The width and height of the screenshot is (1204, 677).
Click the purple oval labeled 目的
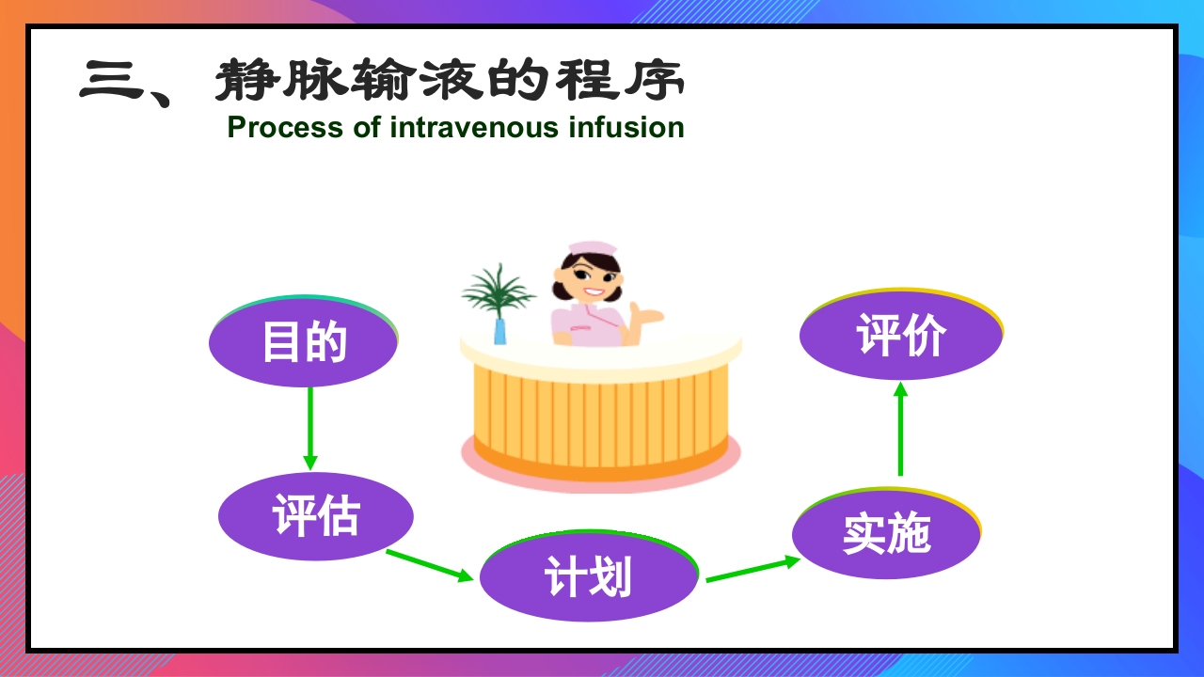pos(303,342)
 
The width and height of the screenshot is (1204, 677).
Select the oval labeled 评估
pos(316,516)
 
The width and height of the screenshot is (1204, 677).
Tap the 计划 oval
pos(589,575)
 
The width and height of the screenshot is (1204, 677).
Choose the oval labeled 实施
pos(886,533)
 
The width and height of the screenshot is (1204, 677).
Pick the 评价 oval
pos(901,336)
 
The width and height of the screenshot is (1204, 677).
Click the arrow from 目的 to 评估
pos(309,428)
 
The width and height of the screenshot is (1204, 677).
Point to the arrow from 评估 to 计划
pos(429,565)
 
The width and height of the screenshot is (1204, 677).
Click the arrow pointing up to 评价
pos(900,429)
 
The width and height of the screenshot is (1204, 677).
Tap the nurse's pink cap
pos(593,248)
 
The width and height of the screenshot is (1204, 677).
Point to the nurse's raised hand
pos(648,313)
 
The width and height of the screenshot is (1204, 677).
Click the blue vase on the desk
pos(499,330)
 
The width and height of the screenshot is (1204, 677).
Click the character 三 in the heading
pos(110,82)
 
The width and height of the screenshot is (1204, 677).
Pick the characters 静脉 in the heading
pos(298,82)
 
